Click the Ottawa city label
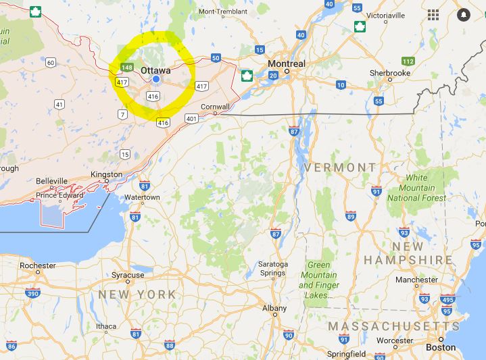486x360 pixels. click(x=155, y=69)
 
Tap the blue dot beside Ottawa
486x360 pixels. click(x=156, y=79)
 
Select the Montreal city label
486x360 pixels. click(x=286, y=63)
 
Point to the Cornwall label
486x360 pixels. click(x=216, y=106)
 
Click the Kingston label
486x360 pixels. click(x=107, y=174)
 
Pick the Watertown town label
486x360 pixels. click(x=142, y=197)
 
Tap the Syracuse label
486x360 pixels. click(x=128, y=275)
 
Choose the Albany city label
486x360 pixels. click(x=274, y=308)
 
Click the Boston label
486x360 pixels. click(x=441, y=347)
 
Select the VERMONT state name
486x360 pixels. click(x=340, y=167)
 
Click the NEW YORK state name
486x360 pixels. click(x=137, y=294)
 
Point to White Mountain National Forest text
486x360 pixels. click(x=416, y=188)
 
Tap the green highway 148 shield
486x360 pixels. click(x=127, y=67)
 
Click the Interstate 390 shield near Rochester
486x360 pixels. click(x=32, y=293)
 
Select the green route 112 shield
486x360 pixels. click(x=408, y=61)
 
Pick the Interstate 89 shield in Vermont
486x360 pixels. click(x=350, y=215)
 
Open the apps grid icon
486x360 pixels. click(x=433, y=14)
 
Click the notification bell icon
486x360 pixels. click(x=464, y=14)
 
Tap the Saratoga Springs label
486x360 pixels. click(x=272, y=268)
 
